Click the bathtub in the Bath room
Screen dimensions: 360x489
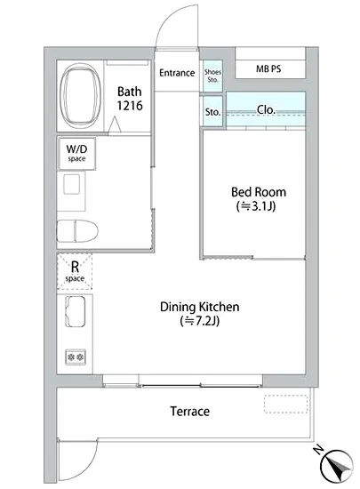(81, 95)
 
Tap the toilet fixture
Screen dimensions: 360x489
(77, 231)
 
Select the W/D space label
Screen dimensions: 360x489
(76, 153)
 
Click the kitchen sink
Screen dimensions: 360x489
(76, 311)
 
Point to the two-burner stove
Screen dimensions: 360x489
(76, 357)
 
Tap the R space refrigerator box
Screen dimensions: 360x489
(75, 272)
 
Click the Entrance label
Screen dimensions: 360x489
(177, 73)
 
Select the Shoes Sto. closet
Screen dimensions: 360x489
(212, 76)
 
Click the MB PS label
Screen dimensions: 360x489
(268, 68)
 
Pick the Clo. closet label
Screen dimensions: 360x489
(266, 109)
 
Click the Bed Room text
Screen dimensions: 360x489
(259, 192)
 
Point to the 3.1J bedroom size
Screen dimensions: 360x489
(256, 206)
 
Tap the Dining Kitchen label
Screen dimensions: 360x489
(199, 307)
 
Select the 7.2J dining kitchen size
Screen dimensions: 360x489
(200, 321)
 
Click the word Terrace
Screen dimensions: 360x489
(190, 412)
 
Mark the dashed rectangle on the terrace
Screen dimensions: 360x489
(286, 405)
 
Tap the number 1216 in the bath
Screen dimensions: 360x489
(130, 106)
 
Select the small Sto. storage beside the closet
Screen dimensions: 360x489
(212, 111)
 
